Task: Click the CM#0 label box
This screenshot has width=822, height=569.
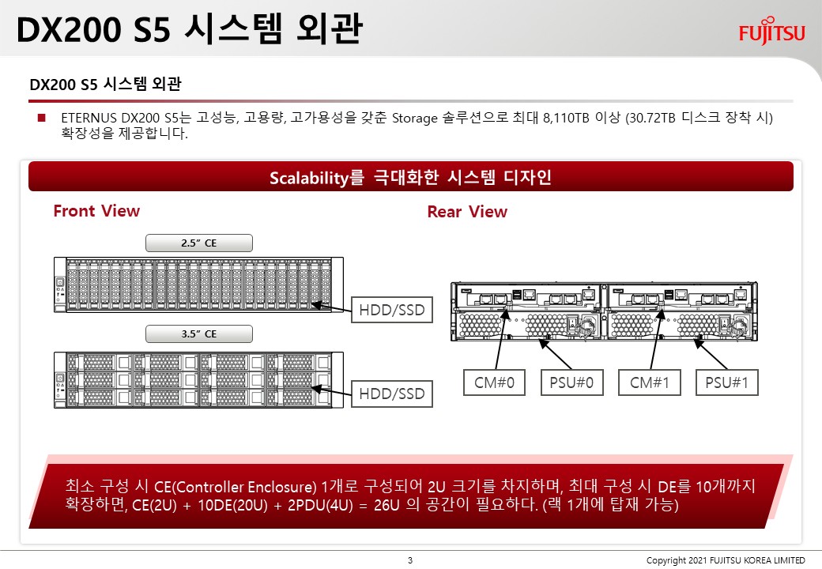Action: tap(494, 382)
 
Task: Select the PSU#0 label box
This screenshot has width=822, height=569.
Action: tap(572, 382)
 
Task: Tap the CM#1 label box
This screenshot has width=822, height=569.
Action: tap(650, 382)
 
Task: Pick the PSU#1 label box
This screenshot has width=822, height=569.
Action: tap(727, 382)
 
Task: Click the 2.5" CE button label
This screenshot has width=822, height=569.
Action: tap(199, 243)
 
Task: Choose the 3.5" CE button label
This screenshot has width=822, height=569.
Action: tap(199, 333)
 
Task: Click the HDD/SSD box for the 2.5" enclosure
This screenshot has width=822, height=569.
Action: tap(392, 310)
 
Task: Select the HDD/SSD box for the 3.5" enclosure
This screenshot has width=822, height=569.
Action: tap(392, 394)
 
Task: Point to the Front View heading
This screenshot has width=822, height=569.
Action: tap(96, 211)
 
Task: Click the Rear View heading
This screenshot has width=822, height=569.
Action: tap(467, 212)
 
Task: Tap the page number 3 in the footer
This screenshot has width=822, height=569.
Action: tap(410, 560)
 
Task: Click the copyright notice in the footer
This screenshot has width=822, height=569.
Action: tap(726, 560)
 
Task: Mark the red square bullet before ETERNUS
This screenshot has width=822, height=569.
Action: tap(42, 118)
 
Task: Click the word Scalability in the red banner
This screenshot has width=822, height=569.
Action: tap(309, 178)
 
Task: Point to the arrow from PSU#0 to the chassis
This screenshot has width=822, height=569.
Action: tap(556, 355)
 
